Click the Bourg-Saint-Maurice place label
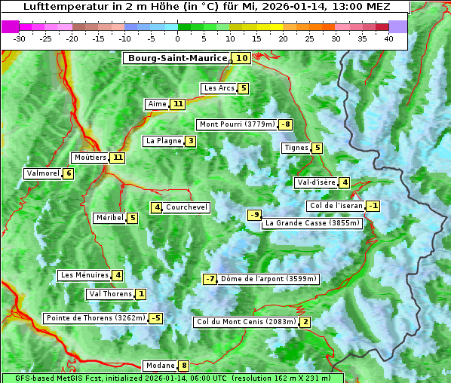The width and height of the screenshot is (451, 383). (177, 58)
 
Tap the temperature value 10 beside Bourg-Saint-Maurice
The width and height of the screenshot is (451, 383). (241, 58)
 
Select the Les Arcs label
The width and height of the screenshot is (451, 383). (219, 88)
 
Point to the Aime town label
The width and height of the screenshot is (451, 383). (157, 104)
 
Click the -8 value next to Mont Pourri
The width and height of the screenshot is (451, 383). (285, 124)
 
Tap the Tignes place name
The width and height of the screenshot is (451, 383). (296, 148)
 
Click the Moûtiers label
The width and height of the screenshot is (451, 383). (90, 158)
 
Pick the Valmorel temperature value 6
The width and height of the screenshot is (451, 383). (69, 173)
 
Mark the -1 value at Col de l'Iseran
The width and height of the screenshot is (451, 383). (373, 206)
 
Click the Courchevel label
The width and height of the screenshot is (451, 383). (186, 207)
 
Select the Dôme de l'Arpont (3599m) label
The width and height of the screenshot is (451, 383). (269, 279)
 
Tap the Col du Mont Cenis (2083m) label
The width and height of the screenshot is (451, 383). (246, 322)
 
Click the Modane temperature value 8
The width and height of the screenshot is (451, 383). (183, 366)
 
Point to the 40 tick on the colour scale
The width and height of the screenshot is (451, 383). (388, 38)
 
